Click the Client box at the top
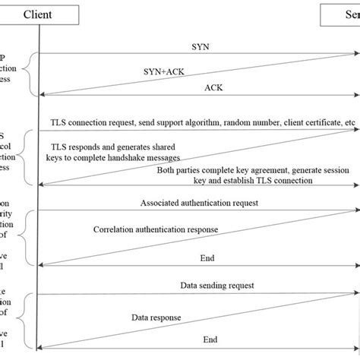tap(38, 14)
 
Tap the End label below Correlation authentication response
tap(207, 257)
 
